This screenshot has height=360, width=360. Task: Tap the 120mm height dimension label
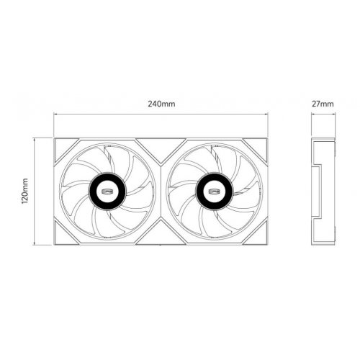25,192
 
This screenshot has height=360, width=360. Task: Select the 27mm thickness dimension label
324,104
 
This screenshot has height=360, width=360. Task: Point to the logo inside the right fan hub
215,191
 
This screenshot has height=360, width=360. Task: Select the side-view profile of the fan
324,191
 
